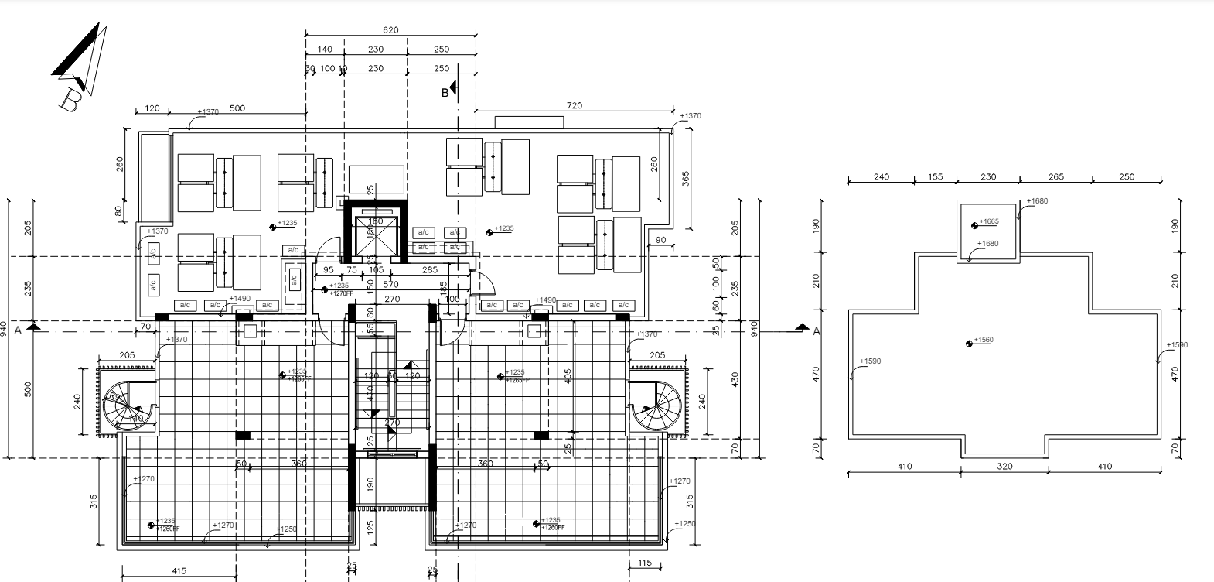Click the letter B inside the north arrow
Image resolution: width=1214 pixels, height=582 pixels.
(70, 101)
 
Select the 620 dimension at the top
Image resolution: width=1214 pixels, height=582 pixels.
(390, 30)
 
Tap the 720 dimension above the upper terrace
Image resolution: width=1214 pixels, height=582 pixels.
(575, 105)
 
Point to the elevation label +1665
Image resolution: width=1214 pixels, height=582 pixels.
(989, 222)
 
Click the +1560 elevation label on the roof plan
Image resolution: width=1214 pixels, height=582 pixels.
(983, 341)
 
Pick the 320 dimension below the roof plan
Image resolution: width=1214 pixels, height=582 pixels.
(1004, 466)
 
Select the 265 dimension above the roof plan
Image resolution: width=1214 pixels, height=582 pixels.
(1055, 176)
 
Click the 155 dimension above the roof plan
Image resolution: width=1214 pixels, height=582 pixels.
(935, 176)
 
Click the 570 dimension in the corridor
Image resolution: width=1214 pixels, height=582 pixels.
(392, 284)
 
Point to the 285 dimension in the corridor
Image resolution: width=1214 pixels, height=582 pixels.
(430, 270)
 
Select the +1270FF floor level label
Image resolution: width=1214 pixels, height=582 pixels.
(340, 293)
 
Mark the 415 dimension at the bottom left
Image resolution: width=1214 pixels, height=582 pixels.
(178, 571)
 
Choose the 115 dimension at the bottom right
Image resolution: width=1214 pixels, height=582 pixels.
(646, 563)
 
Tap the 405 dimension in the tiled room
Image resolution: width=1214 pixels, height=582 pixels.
(568, 376)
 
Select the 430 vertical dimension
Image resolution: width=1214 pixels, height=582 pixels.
(735, 379)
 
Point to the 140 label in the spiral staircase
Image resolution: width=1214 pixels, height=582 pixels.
(136, 418)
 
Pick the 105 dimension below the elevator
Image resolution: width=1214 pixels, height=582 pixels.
(377, 270)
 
